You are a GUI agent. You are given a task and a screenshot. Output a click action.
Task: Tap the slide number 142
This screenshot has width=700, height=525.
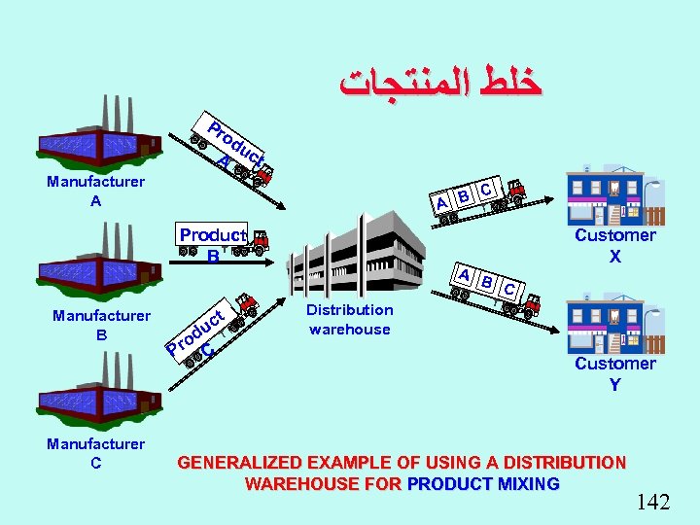pos(653,502)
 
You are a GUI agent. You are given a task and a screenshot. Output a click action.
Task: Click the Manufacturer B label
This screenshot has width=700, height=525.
pos(101,325)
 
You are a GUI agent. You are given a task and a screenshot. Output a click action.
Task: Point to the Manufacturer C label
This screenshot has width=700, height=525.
pos(95,453)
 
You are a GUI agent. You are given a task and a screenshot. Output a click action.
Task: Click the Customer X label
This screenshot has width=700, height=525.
pos(614,245)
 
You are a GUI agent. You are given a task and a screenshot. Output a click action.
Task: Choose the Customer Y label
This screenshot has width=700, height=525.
pos(614,373)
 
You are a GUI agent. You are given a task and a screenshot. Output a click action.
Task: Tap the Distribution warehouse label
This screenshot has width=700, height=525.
pos(349,319)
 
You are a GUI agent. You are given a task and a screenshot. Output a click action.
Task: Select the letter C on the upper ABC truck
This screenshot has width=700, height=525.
pos(485,186)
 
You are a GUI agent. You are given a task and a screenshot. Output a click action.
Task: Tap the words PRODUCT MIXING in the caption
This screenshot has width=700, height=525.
pos(483,483)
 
